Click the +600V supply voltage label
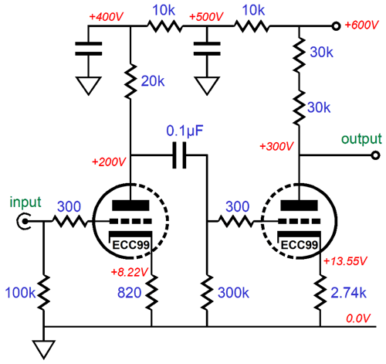click(x=361, y=26)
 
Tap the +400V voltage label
click(x=107, y=17)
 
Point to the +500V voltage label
click(x=206, y=17)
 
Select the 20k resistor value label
click(x=153, y=81)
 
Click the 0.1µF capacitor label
click(x=185, y=131)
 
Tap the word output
click(x=361, y=139)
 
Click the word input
click(x=25, y=202)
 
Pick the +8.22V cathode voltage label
click(x=130, y=272)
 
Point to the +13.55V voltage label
click(x=345, y=261)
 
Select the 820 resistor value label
click(x=130, y=293)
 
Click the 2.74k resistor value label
click(x=348, y=293)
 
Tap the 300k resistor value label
click(x=233, y=293)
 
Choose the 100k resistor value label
click(x=20, y=293)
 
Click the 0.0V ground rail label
click(x=358, y=318)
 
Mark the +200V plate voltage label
click(x=109, y=162)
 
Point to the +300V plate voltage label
click(x=276, y=147)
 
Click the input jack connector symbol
click(x=24, y=221)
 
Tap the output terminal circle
click(x=376, y=155)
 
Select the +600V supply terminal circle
click(x=336, y=26)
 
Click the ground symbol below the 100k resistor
click(x=44, y=350)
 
